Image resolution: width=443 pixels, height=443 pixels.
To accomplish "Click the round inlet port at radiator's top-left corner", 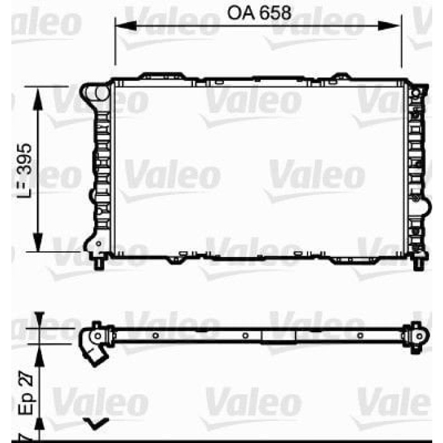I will pyautogui.click(x=100, y=93).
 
